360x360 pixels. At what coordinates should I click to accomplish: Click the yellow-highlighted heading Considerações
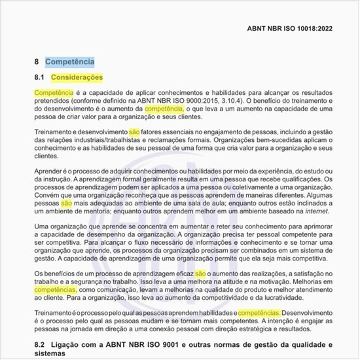click(77, 78)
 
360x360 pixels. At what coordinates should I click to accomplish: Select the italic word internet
click(313, 211)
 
